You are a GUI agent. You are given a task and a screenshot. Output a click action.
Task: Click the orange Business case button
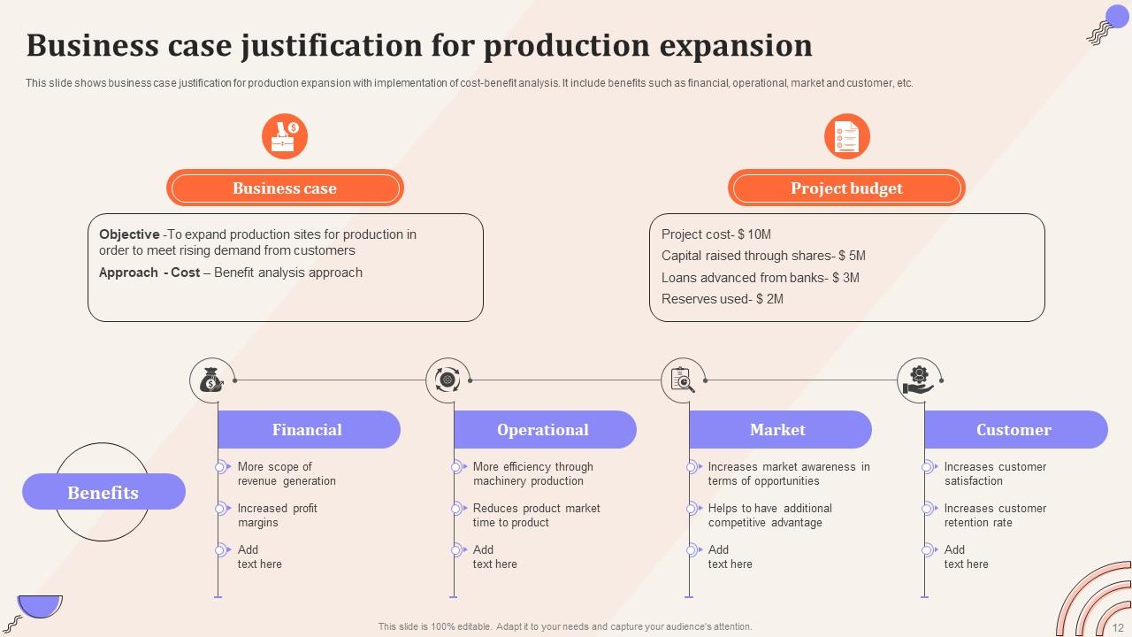tap(285, 188)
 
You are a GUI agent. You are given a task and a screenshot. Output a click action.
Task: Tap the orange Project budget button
tap(846, 188)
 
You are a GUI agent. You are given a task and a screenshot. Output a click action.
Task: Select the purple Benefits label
tap(103, 492)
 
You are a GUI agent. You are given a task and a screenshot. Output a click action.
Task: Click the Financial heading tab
tap(308, 430)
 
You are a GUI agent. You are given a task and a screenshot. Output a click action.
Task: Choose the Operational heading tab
tap(543, 430)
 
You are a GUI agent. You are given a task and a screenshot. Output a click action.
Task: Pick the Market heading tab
tap(778, 430)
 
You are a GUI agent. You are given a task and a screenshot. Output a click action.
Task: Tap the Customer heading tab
tap(1014, 430)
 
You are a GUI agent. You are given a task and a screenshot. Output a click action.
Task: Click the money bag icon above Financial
tap(210, 380)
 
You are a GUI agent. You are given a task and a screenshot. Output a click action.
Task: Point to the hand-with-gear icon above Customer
tap(919, 380)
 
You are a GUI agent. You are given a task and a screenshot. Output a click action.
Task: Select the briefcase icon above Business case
tap(284, 137)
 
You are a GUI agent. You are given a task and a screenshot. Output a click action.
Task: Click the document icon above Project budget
tap(846, 137)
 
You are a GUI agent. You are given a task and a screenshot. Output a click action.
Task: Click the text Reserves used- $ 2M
tap(723, 299)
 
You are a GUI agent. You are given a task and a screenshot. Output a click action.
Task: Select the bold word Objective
tap(129, 234)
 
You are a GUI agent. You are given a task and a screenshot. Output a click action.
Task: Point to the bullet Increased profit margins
tap(277, 516)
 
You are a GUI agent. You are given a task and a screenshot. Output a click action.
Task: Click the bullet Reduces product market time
tap(536, 516)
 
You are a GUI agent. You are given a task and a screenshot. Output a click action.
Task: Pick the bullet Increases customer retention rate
tap(995, 516)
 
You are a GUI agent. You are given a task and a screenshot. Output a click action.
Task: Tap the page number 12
tap(1118, 626)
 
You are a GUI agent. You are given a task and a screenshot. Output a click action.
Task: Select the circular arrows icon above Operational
tap(447, 380)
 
